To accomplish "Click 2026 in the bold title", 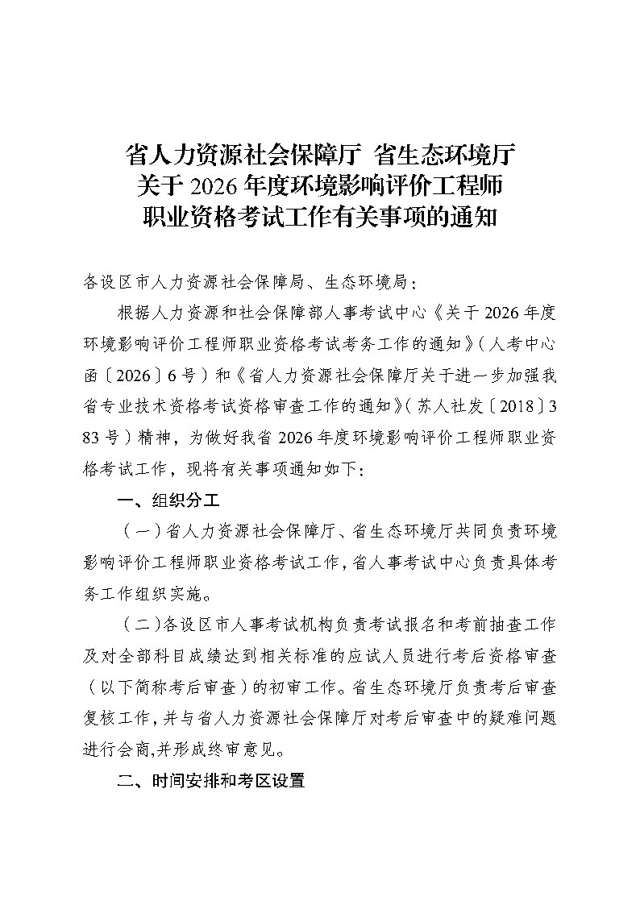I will click(213, 185).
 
